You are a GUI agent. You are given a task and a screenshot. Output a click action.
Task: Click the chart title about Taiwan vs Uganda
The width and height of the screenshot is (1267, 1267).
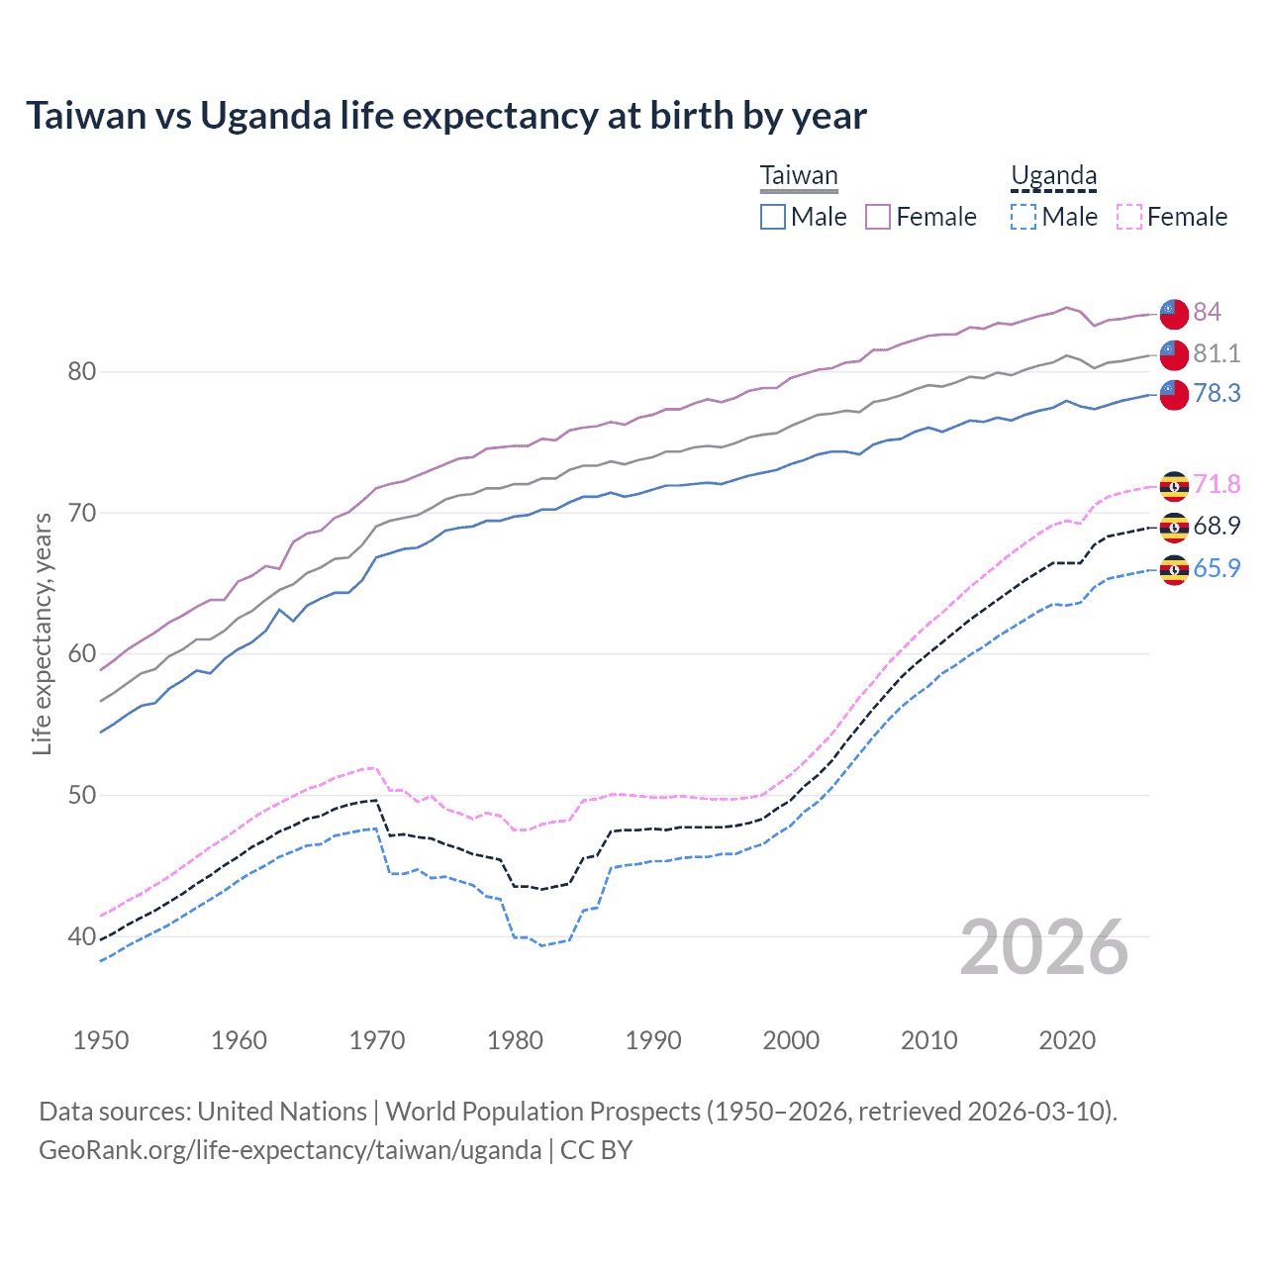(445, 116)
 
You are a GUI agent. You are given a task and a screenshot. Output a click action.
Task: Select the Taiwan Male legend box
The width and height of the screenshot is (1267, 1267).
(773, 217)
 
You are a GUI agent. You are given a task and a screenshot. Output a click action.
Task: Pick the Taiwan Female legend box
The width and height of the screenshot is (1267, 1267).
(878, 217)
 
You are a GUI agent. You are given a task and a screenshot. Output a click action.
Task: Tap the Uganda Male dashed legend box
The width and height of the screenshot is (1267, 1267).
(1023, 217)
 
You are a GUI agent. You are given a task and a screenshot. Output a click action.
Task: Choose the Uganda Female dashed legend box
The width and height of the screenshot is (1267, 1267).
(1128, 217)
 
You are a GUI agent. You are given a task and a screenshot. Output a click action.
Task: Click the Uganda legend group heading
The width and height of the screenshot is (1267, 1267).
(1053, 176)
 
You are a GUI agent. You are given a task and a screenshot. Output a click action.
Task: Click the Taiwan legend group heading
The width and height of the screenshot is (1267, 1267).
(799, 176)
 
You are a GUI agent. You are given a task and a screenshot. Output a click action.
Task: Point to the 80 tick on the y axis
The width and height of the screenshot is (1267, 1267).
(81, 372)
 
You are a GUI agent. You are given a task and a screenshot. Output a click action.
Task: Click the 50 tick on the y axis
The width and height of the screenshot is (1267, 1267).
(81, 795)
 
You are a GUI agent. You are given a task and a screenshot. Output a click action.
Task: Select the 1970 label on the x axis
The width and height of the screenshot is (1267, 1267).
(377, 1040)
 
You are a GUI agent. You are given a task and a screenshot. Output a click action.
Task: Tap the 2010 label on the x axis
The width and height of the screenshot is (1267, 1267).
(928, 1040)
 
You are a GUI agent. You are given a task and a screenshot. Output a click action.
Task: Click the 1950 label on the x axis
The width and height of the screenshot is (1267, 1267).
(101, 1040)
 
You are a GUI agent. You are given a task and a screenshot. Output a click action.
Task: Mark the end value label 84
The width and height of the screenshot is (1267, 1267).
(1207, 313)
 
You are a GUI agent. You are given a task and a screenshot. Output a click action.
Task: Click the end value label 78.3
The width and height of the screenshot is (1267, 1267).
(1217, 394)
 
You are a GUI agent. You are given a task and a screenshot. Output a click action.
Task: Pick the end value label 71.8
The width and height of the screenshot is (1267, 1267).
(1217, 485)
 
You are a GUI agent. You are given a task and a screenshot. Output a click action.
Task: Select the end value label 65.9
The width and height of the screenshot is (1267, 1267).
(1217, 568)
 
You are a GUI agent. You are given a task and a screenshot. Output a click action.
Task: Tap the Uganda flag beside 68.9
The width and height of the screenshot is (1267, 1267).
(1174, 528)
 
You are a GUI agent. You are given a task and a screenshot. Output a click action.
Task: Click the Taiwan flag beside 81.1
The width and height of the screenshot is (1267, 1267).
(1174, 354)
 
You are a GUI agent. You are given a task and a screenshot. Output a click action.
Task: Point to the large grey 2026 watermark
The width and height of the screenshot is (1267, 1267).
(1044, 947)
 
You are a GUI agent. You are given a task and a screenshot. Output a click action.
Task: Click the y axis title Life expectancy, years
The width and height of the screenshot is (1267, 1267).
(42, 633)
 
